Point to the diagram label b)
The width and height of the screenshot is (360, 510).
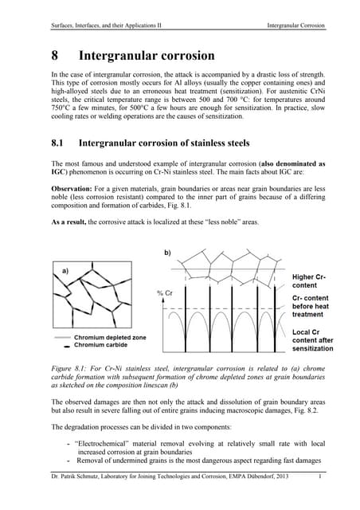pos(167,253)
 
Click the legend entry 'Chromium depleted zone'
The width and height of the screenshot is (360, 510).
pos(109,338)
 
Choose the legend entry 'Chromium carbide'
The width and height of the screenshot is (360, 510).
pos(101,345)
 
